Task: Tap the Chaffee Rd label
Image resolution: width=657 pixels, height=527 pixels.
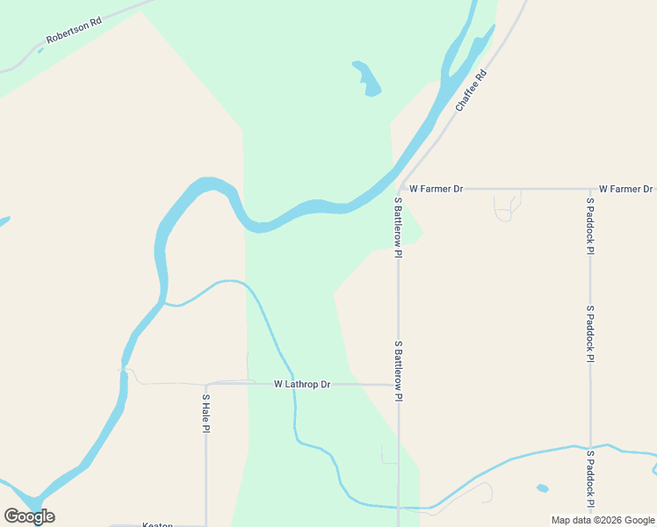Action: coord(471,90)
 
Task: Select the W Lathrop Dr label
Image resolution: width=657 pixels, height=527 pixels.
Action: coord(301,385)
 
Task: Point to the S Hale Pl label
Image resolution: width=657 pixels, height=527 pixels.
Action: coord(206,413)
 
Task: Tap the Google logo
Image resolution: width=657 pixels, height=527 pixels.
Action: coord(29,516)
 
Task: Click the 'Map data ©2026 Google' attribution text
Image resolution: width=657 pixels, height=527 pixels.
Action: coord(603,520)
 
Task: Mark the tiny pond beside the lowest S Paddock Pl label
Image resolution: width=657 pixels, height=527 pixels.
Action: coord(542,488)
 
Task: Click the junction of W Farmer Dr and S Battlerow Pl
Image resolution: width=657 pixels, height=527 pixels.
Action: coord(399,189)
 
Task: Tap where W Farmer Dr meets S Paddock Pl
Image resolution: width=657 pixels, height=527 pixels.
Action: coord(590,189)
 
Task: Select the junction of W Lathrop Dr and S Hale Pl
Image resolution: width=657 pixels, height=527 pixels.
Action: coord(206,384)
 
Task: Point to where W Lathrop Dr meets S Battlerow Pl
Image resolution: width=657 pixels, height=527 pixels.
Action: coord(399,385)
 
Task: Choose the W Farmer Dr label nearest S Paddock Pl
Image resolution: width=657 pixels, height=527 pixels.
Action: coord(625,189)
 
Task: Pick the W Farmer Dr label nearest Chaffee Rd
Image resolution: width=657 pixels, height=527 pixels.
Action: coord(436,189)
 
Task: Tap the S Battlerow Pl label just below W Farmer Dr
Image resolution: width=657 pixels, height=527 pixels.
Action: coord(398,227)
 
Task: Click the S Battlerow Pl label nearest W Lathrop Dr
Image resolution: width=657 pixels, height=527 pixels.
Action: coord(398,372)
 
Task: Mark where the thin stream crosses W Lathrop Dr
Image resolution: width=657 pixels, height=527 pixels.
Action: coord(293,384)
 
